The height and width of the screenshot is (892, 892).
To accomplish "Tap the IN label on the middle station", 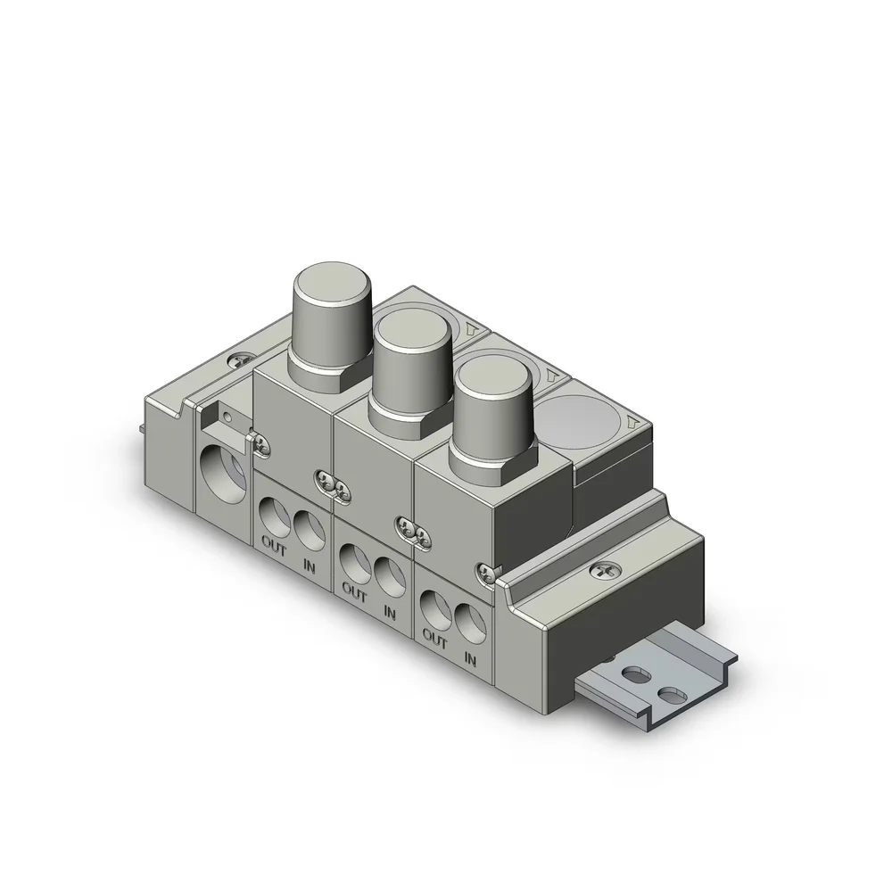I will pos(389,613).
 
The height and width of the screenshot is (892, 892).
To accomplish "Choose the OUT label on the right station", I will pos(434,639).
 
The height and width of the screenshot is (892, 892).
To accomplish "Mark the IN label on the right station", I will pos(470,659).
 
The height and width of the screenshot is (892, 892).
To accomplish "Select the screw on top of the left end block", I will pos(238,359).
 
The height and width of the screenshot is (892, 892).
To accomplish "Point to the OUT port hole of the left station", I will pos(271,517).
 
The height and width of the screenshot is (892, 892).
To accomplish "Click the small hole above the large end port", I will pos(229,415).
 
